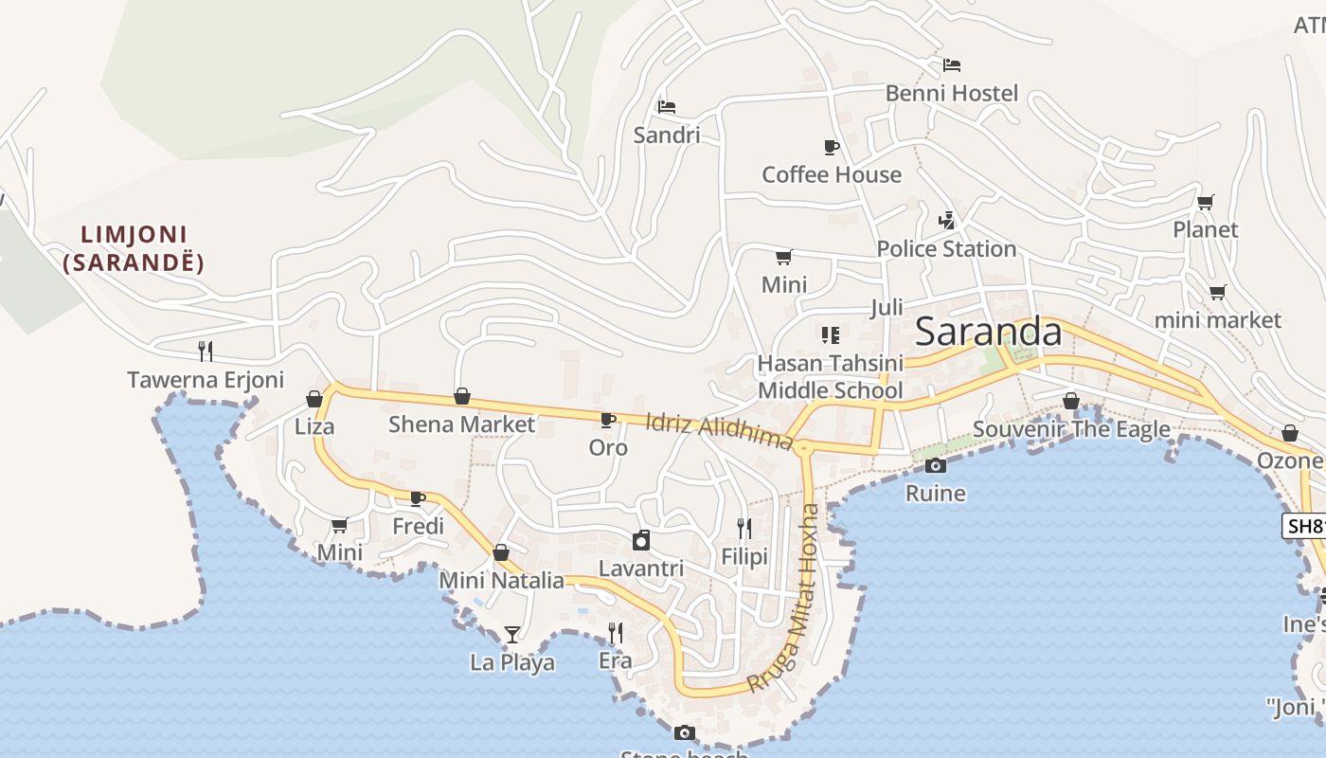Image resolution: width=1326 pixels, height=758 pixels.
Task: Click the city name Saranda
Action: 989,333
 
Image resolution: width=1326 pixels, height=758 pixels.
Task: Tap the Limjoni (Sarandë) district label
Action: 134,248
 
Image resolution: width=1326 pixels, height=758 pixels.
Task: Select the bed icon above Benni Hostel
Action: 952,65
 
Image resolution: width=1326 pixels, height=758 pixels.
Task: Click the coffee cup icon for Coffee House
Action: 831,147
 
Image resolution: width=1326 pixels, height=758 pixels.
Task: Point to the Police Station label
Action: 946,249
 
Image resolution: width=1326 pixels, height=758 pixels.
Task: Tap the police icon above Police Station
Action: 946,220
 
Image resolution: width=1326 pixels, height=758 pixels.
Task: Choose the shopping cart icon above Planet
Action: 1206,202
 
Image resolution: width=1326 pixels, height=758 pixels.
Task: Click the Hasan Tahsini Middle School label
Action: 830,376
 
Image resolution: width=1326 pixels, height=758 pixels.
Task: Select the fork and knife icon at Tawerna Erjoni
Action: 206,352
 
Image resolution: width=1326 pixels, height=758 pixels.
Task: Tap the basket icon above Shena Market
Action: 462,396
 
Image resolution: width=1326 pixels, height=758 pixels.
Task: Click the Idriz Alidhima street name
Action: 719,432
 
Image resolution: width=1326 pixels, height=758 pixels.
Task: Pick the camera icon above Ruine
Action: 936,465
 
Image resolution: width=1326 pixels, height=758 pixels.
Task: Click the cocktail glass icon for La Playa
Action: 512,634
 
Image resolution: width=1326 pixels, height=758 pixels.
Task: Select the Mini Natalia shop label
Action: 502,581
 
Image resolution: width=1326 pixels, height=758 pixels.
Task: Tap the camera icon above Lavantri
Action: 641,540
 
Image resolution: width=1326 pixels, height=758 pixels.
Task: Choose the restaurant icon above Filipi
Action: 744,528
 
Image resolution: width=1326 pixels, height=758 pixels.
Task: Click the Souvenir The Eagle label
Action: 1071,429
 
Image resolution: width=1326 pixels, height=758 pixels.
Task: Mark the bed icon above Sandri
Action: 667,106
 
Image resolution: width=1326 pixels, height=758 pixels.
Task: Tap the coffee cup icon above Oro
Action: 608,419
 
